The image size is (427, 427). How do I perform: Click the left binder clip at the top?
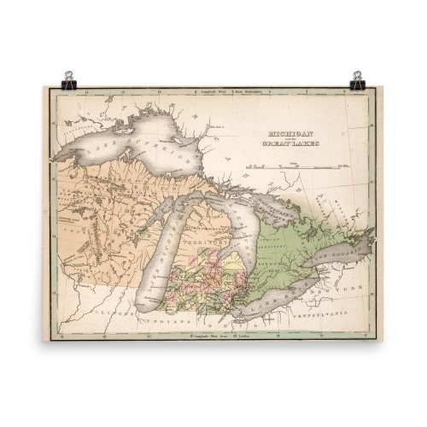pos(68,80)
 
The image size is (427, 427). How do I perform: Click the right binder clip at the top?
pos(358,80)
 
